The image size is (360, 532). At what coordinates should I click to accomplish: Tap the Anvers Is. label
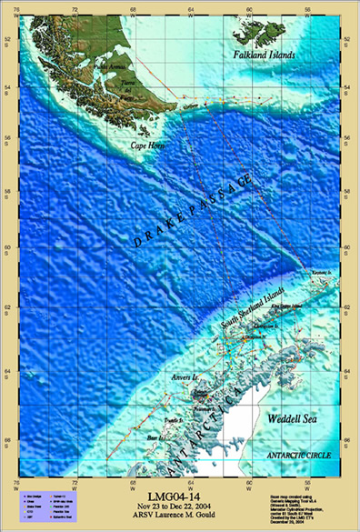pyautogui.click(x=185, y=376)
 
